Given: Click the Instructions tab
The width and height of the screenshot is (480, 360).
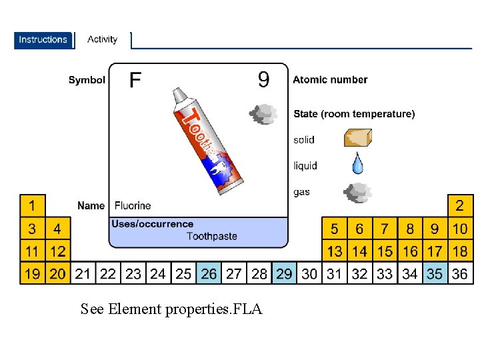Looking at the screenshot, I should pos(43,40).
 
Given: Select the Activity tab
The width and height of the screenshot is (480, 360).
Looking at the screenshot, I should pos(102,39).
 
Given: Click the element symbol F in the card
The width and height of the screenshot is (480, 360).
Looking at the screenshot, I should pos(135,81).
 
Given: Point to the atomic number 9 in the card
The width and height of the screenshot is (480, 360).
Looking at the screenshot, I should pos(264,80).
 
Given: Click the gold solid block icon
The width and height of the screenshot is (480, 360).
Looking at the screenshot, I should pos(357,137).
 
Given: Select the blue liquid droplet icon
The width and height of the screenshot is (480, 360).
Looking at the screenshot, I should pos(358,163).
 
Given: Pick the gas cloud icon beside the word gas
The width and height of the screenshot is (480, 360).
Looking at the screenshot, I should pos(357,193).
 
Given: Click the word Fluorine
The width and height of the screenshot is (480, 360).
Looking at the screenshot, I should pos(133,205).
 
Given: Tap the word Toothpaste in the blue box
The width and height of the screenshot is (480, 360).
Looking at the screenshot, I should pos(211,236).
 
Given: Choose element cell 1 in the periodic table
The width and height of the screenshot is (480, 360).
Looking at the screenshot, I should pos(32,204).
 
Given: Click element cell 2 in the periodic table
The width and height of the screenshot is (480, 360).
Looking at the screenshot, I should pos(459,204).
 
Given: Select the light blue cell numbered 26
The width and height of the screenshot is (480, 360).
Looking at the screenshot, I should pos(209,273).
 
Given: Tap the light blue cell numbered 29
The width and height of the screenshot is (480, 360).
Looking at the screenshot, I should pos(284,273).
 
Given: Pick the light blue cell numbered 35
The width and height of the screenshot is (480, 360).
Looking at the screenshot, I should pos(435,273).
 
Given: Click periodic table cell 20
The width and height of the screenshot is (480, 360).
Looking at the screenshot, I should pos(57,273).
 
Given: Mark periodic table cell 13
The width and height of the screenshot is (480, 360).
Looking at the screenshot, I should pos(334,251).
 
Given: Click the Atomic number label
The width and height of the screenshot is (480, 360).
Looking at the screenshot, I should pos(330,79).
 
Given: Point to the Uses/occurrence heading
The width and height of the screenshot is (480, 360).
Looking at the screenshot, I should pos(153,224).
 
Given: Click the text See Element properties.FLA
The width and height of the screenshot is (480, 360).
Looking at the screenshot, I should pos(171,309).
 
